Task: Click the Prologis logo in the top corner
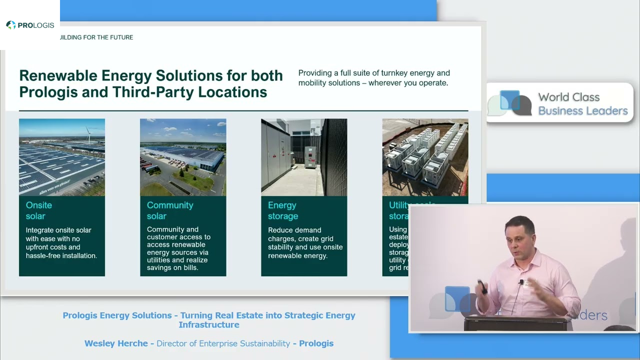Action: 30,25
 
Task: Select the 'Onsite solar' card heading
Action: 38,210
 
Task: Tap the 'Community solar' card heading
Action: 169,210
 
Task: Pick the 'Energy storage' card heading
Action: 282,210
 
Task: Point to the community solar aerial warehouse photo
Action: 183,157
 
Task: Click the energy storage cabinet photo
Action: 304,157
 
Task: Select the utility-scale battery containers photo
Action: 425,157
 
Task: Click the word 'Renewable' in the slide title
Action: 58,75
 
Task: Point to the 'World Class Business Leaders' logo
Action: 560,103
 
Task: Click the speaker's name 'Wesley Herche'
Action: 116,343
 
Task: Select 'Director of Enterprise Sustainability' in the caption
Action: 223,343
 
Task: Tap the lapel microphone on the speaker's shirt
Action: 521,282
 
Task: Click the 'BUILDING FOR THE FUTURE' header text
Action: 96,37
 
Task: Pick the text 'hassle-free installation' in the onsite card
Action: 61,255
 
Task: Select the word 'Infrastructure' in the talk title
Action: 209,324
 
